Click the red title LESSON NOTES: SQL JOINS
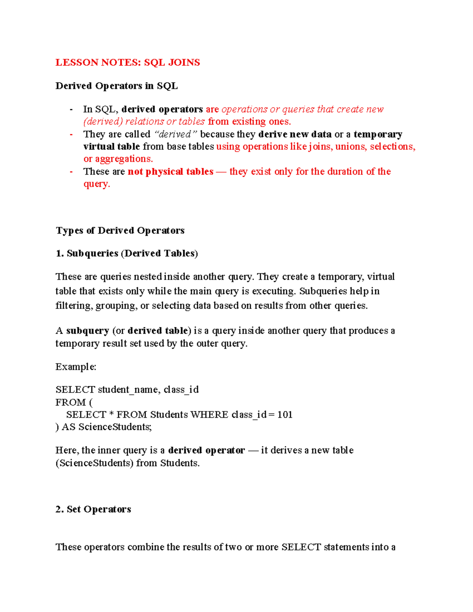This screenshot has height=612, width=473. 127,62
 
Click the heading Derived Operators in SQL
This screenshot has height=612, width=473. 116,86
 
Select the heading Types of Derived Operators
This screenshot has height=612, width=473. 120,231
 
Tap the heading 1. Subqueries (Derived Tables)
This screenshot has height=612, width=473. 127,253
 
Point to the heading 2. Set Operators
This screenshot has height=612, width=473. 93,509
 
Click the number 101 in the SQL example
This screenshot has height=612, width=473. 285,415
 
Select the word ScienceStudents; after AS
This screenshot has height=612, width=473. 115,427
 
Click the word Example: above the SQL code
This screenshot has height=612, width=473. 76,367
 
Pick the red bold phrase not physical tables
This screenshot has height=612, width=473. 170,171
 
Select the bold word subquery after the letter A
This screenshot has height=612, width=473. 88,331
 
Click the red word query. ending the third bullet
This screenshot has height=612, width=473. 97,184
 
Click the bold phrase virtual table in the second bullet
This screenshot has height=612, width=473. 112,147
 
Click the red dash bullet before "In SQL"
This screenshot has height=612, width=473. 71,109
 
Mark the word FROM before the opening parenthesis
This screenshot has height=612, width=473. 71,402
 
